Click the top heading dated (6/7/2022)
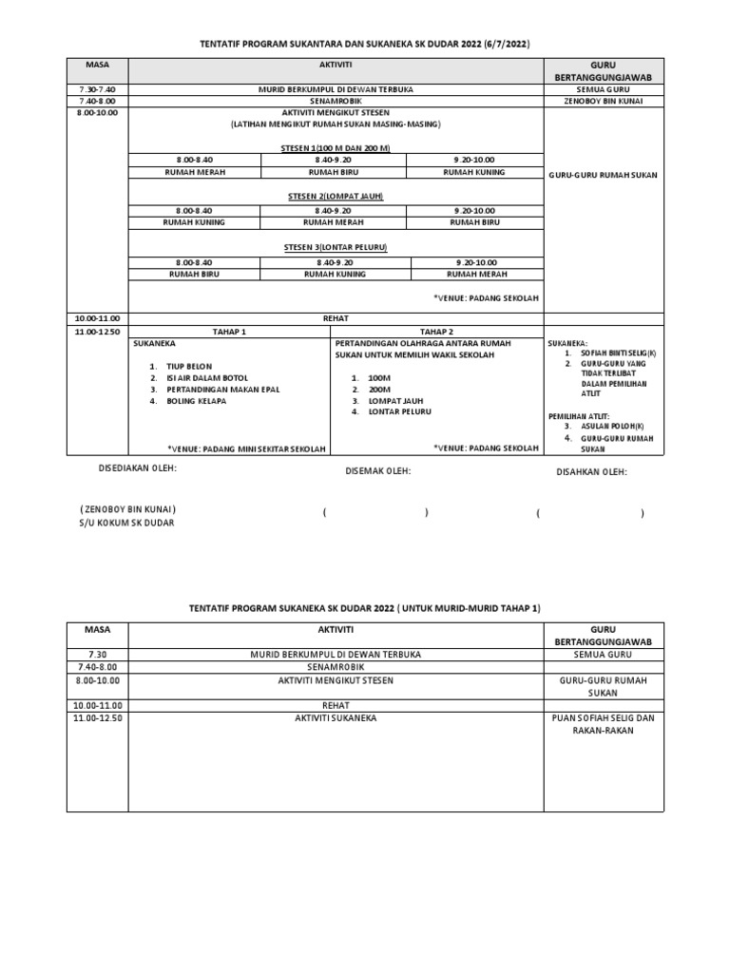click(x=365, y=44)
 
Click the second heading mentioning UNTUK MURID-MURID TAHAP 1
click(x=365, y=607)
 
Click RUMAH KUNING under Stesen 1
click(x=474, y=172)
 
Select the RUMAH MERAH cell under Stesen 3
click(x=474, y=273)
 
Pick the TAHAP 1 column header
click(x=229, y=332)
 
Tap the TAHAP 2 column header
click(x=436, y=332)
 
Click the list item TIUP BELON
click(x=189, y=366)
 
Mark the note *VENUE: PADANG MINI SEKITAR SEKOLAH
click(x=246, y=448)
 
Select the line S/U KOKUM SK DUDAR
click(x=127, y=523)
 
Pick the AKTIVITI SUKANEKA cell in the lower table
click(x=336, y=718)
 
